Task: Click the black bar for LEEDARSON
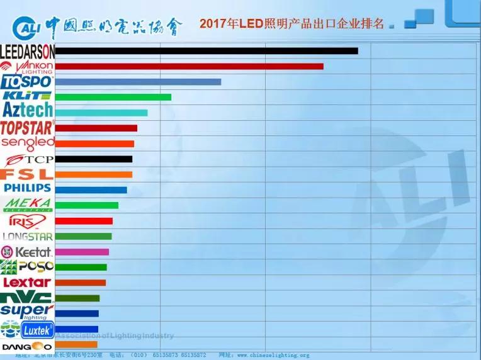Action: click(207, 51)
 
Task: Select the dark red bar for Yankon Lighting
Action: click(189, 66)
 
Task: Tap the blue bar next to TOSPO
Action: click(138, 82)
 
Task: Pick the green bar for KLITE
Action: click(113, 97)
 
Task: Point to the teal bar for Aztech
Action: click(101, 113)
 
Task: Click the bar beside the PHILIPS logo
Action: click(91, 190)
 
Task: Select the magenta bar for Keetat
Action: click(82, 252)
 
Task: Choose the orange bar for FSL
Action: click(94, 174)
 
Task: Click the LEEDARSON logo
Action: click(28, 51)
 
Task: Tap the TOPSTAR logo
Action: click(27, 128)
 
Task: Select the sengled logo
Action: click(28, 143)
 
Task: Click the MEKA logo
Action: click(28, 205)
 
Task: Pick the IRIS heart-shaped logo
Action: click(27, 221)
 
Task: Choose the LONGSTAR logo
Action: click(28, 237)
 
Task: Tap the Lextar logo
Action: click(27, 283)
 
